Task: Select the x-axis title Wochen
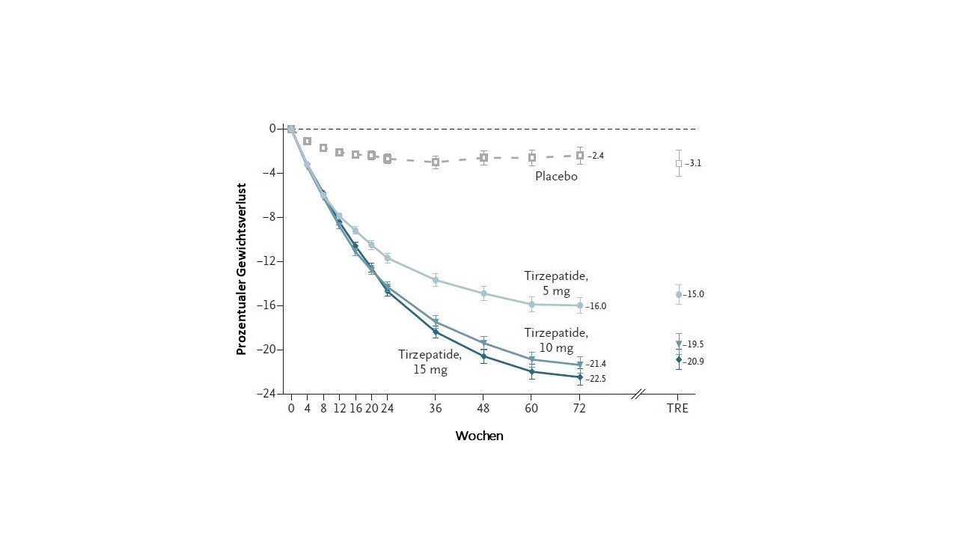coord(479,436)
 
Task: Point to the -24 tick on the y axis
coord(268,394)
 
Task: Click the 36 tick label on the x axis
coord(436,409)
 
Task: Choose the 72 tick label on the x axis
coord(579,409)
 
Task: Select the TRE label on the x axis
coord(678,409)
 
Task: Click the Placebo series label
coord(556,177)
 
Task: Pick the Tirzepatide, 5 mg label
coord(556,283)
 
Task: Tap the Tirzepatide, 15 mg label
coord(430,362)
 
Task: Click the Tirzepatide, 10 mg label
coord(556,340)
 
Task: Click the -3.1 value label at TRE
coord(693,163)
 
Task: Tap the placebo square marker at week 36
coord(436,162)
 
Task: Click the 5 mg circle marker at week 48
coord(484,293)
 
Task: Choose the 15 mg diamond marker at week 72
coord(579,377)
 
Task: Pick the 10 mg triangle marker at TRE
coord(679,344)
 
